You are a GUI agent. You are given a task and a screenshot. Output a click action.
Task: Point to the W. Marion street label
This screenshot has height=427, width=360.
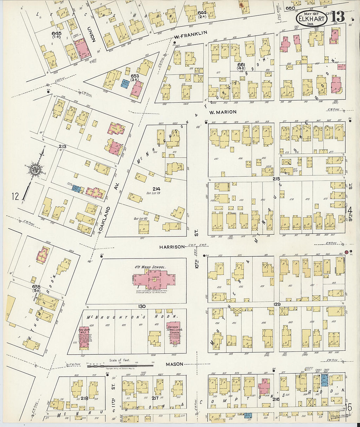point(223,112)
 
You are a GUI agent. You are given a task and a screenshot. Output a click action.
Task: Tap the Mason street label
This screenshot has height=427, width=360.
point(174,364)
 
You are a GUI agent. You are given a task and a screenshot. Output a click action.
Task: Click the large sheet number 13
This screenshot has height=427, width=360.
point(338,16)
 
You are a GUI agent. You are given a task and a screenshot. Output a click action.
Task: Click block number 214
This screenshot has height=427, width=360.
point(156,189)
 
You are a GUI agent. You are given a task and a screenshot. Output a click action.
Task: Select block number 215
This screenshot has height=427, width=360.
point(276,179)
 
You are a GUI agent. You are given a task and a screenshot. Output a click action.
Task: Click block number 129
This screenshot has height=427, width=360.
point(277,304)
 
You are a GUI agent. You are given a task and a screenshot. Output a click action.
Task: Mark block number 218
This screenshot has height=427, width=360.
point(84,398)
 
